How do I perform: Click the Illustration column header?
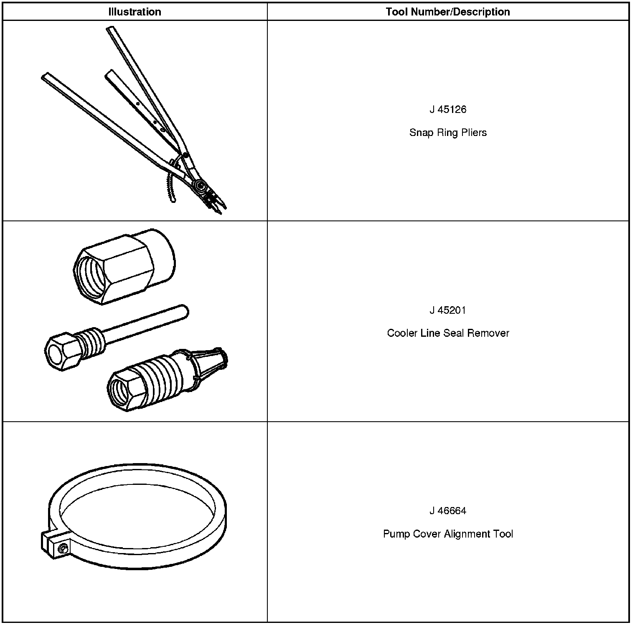(x=135, y=12)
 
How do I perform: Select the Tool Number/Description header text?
(x=447, y=12)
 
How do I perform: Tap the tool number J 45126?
(x=447, y=110)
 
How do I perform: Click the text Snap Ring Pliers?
(x=447, y=133)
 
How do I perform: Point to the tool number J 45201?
(x=447, y=310)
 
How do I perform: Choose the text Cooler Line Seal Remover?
(x=447, y=333)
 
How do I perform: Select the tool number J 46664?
(x=447, y=511)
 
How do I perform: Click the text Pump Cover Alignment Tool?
(x=447, y=534)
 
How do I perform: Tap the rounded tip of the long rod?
(x=184, y=310)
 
